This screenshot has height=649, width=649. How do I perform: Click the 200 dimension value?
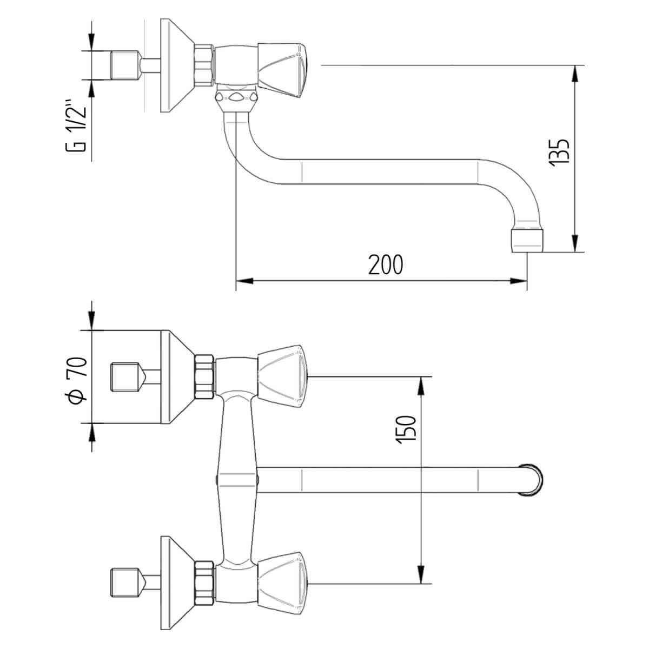pos(386,264)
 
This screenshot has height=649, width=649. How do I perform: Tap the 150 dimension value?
pos(407,430)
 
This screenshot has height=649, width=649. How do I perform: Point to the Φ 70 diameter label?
pos(76,379)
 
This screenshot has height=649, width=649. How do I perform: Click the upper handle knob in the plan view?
pos(283,375)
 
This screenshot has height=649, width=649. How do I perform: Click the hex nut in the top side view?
pos(204,65)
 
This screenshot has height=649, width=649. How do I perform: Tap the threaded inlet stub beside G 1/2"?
pos(123,65)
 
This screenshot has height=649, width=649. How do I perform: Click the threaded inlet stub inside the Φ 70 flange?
pos(123,377)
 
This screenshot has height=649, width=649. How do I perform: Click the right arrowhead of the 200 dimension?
pos(519,281)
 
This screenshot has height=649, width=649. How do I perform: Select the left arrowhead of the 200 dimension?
pos(244,281)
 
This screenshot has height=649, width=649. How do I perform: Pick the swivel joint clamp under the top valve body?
pos(236,98)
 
